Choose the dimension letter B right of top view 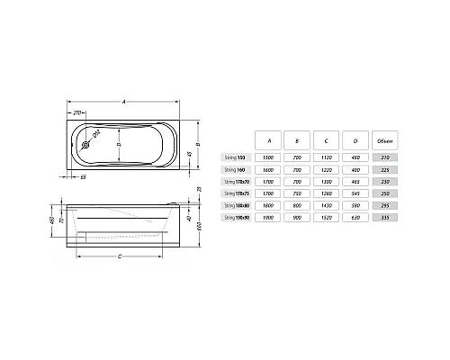coord(196,145)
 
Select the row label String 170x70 coord(234,180)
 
